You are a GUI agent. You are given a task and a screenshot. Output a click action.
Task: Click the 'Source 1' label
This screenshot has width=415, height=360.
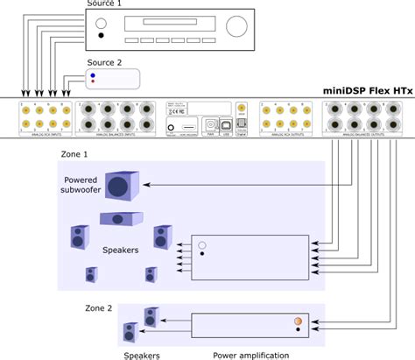pyautogui.click(x=104, y=4)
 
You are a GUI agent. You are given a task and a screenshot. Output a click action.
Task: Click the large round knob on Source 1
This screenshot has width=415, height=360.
pyautogui.click(x=236, y=27)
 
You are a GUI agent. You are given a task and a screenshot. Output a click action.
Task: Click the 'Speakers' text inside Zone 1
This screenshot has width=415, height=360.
pyautogui.click(x=120, y=250)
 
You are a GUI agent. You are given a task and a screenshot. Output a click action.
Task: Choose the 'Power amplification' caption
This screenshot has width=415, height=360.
pyautogui.click(x=252, y=355)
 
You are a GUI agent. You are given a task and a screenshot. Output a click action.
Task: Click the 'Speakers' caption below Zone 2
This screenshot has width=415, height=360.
pyautogui.click(x=141, y=355)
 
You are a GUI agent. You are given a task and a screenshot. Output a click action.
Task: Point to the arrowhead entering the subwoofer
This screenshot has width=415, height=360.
pyautogui.click(x=145, y=185)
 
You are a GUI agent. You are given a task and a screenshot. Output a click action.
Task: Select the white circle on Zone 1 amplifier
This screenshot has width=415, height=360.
pyautogui.click(x=202, y=245)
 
